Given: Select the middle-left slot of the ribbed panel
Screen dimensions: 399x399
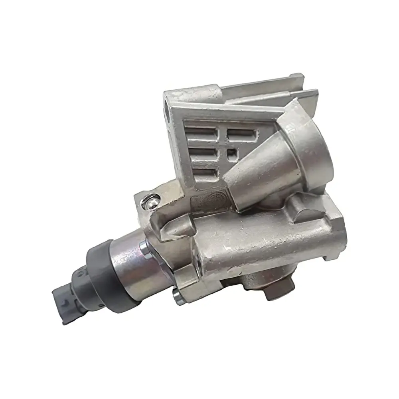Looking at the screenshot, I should coord(203,153).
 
